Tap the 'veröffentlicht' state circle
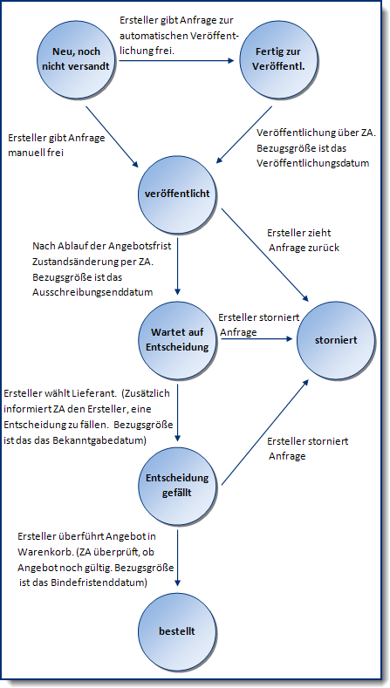(179, 190)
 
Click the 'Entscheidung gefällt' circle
(179, 484)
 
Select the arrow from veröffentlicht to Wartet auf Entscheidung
(178, 262)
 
